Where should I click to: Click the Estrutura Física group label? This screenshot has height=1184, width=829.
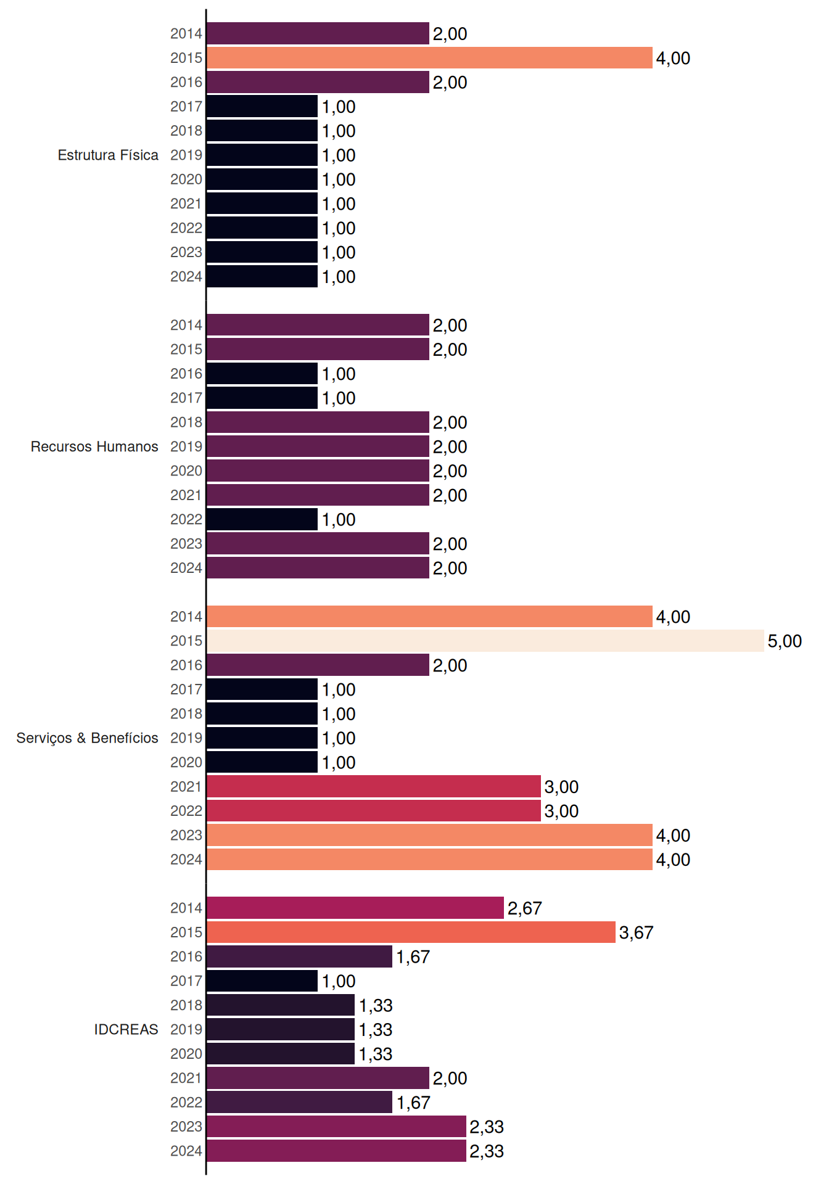point(108,155)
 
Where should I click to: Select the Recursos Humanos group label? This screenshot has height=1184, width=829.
point(94,446)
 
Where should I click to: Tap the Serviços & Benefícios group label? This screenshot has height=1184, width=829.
point(87,738)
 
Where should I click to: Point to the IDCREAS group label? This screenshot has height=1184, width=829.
point(126,1029)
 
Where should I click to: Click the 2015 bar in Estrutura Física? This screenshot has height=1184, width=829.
point(429,58)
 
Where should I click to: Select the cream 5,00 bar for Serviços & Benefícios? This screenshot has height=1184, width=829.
point(485,641)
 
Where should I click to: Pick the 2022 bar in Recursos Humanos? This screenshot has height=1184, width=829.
point(262,519)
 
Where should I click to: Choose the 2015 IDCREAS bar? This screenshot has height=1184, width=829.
point(411,932)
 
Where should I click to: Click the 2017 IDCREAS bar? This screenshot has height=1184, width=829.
point(262,980)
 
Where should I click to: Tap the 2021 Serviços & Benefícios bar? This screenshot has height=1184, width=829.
point(374,786)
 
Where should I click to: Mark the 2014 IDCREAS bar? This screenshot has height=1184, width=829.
point(355,908)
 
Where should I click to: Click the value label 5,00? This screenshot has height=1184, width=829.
point(785,641)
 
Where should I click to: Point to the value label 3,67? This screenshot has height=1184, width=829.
point(636,933)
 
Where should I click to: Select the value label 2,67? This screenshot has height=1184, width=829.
point(524,908)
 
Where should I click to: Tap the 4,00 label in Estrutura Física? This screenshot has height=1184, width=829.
point(673,59)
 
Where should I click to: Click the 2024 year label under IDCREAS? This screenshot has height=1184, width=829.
point(186,1151)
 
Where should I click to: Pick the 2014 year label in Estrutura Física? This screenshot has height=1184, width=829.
point(186,33)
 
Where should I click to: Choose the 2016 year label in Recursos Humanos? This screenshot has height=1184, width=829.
point(186,374)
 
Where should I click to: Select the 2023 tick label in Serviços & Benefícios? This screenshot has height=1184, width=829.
point(186,835)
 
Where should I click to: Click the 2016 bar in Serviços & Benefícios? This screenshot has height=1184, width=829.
point(318,665)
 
